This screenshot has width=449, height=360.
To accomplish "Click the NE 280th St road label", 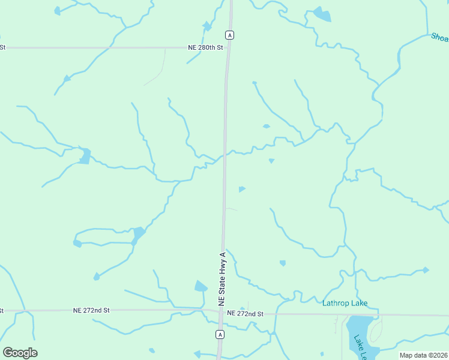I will point(205,47).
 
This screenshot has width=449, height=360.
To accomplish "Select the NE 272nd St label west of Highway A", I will point(91,310).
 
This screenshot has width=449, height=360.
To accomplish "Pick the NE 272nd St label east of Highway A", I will point(246,314).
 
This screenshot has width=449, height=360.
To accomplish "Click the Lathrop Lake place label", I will point(345,303).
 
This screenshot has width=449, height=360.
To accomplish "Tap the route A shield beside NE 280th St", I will point(229,35).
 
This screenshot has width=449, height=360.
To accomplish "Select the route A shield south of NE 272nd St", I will point(220,334).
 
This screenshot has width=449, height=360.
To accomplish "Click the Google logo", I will point(20,353).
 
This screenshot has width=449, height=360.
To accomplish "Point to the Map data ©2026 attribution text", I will point(424,355).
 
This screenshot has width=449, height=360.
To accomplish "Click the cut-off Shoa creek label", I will point(439,37).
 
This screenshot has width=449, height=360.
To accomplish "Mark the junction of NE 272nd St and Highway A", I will point(220,311).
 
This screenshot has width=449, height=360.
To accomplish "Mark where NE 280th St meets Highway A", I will point(228,47).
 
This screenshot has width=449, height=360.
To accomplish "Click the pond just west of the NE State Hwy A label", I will point(200,286).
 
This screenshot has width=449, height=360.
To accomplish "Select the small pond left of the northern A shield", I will point(207,26).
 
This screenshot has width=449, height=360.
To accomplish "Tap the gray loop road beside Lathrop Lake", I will point(376,330).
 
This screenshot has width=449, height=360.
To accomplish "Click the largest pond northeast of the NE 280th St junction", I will point(321,14).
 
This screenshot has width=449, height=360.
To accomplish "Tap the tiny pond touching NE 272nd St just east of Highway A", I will point(243,309).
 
